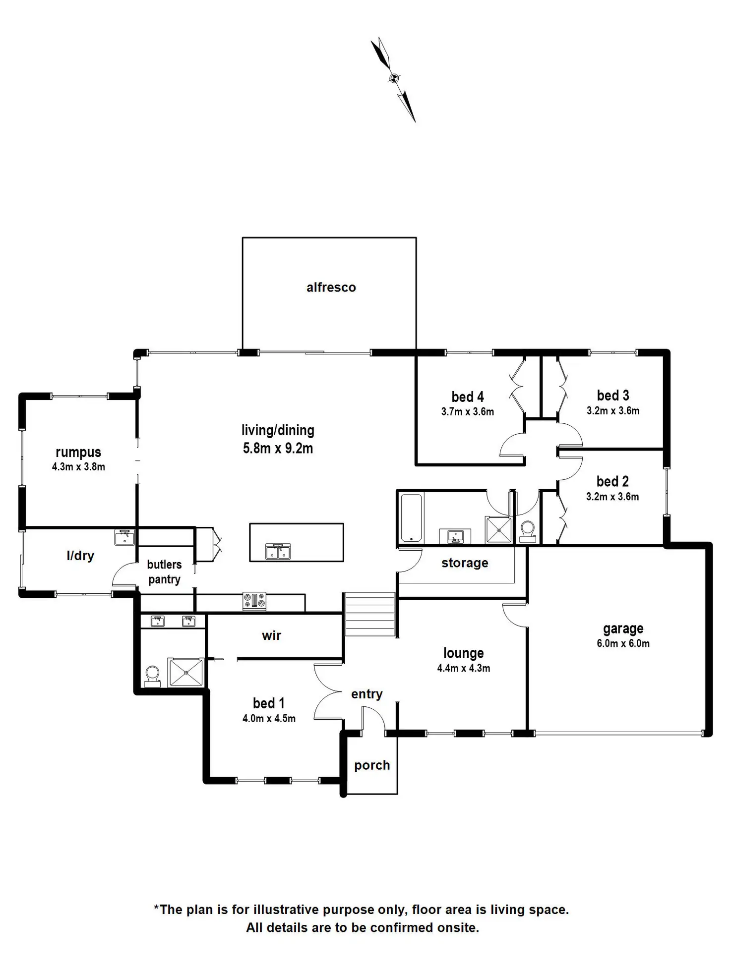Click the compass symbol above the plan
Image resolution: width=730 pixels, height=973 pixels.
[x=394, y=78]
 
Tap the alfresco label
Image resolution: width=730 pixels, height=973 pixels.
[x=331, y=287]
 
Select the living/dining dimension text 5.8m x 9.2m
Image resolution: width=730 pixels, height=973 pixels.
[x=278, y=449]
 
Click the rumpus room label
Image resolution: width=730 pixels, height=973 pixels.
[x=78, y=452]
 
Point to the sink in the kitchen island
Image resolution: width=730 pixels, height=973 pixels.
[x=278, y=551]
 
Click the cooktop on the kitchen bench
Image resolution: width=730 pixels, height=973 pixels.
[x=254, y=601]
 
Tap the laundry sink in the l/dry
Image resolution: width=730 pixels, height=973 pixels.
[x=124, y=537]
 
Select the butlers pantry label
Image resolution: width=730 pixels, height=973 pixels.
[x=164, y=572]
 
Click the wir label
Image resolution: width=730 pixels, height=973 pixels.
[x=271, y=636]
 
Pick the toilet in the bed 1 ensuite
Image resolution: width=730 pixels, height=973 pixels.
[x=152, y=676]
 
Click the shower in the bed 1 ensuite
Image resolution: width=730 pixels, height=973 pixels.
[x=186, y=672]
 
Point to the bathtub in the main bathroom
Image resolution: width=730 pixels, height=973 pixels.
[x=411, y=517]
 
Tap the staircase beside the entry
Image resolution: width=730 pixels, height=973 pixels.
[x=369, y=615]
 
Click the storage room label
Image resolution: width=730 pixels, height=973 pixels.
[x=465, y=563]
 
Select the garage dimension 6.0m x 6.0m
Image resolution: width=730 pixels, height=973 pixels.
[x=623, y=644]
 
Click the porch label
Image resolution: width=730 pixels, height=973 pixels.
[x=372, y=765]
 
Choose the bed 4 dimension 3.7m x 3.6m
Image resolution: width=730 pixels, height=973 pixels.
[x=467, y=412]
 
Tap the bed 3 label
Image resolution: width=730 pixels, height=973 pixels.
[x=613, y=396]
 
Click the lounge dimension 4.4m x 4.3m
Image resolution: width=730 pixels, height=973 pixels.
[x=463, y=668]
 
